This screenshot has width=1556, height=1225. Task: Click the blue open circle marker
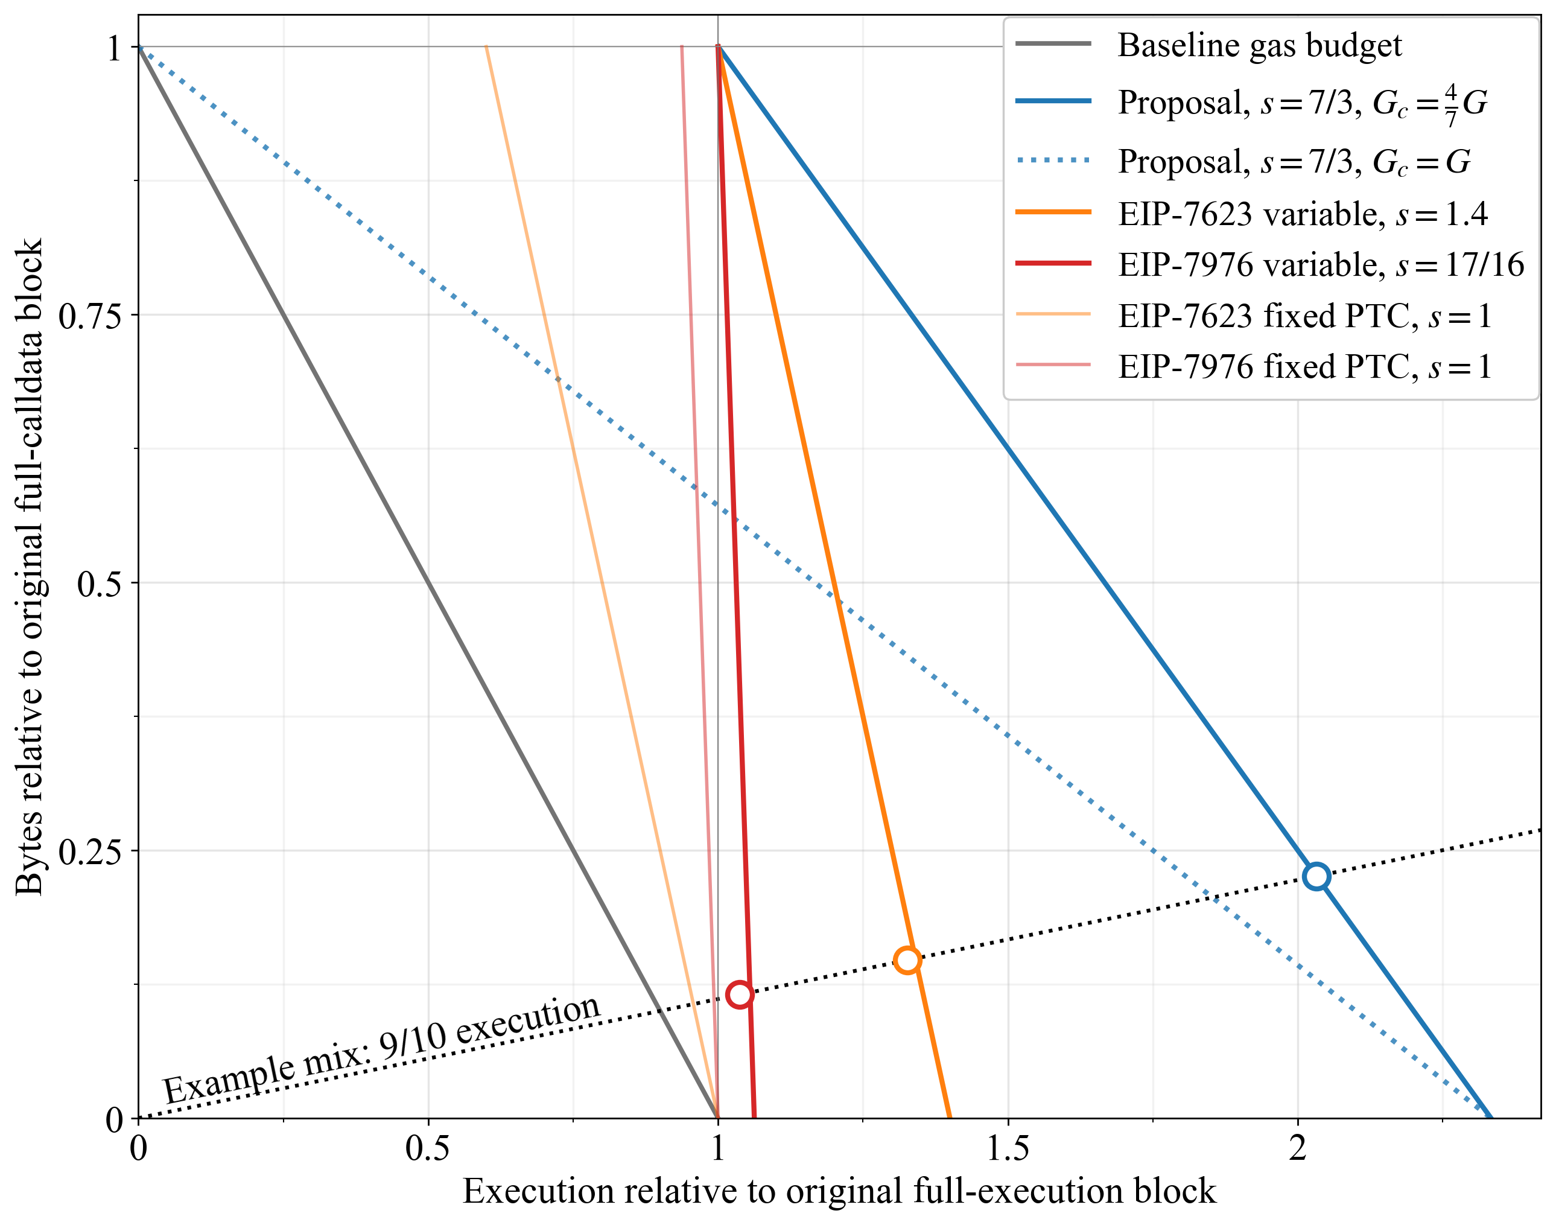1316,876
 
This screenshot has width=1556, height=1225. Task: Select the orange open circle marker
907,959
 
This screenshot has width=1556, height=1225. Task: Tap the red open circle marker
739,994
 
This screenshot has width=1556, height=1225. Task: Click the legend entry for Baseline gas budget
1259,45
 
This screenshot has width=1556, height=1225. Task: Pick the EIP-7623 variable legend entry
1302,214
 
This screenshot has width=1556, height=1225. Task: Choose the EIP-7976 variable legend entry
1320,265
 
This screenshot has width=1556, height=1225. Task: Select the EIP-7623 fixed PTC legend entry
1304,316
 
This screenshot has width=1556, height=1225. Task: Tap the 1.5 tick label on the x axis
1008,1148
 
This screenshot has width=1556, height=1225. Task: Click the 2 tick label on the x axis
1298,1148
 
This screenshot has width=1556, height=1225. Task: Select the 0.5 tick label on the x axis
428,1148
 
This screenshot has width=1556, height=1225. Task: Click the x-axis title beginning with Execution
839,1191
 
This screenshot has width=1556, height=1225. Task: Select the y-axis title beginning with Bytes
30,567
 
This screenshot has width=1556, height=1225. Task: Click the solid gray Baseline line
428,582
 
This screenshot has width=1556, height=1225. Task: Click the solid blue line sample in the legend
1053,101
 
